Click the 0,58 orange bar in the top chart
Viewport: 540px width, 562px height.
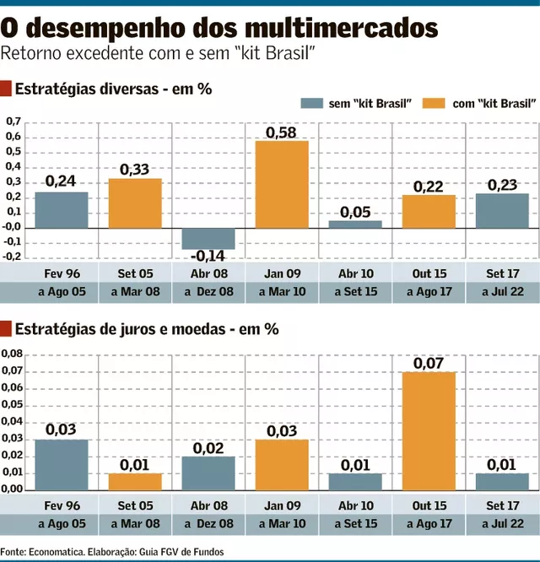tap(282, 184)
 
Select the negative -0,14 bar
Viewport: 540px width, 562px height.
tap(208, 238)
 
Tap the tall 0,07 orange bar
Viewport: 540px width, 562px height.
tap(429, 430)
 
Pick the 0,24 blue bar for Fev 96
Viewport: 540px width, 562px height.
tap(61, 210)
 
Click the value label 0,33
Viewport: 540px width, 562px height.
tap(134, 170)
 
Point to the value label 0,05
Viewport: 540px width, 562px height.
tap(355, 212)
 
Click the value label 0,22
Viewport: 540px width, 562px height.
tap(429, 186)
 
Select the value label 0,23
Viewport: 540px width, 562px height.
tap(502, 185)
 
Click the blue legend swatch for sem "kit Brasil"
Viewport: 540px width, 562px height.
tap(311, 103)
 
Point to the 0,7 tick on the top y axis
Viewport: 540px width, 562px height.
tap(13, 122)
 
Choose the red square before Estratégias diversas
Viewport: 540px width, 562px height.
tap(7, 88)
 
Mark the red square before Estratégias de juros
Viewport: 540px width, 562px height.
tap(7, 328)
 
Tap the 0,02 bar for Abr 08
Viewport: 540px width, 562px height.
tap(208, 473)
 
